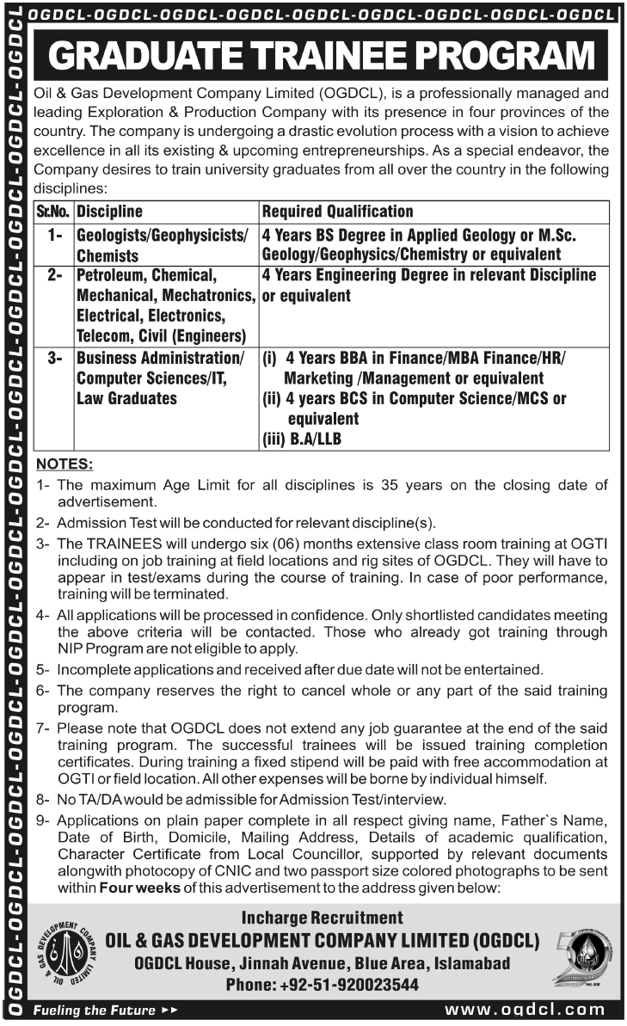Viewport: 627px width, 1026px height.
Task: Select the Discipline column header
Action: point(109,212)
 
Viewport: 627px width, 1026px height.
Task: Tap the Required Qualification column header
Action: point(337,212)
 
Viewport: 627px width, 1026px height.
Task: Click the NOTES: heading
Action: point(65,464)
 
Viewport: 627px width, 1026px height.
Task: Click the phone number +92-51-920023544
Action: point(322,986)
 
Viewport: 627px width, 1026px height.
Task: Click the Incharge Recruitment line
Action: point(323,918)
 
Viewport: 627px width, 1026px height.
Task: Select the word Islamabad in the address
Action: point(470,963)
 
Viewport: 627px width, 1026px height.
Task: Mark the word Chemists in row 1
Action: point(108,255)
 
